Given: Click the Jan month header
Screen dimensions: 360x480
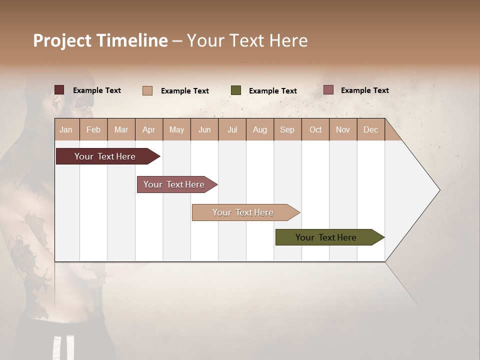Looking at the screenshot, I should click(x=66, y=130).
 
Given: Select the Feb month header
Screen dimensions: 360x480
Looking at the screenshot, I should click(x=93, y=130).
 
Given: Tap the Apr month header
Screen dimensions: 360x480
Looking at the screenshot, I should click(x=149, y=130).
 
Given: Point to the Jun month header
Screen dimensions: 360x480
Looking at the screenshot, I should click(x=204, y=130).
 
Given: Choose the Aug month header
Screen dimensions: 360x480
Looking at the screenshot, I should click(x=260, y=130).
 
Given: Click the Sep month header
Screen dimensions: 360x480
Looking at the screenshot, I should click(x=287, y=130).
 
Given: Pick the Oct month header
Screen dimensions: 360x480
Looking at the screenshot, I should click(x=315, y=130).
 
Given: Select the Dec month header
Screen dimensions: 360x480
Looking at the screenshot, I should click(x=371, y=130).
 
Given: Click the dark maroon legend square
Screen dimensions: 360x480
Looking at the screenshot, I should click(x=59, y=90).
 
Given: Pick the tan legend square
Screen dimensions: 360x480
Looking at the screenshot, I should click(x=147, y=90).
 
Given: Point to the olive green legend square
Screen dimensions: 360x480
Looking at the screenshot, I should click(x=236, y=90).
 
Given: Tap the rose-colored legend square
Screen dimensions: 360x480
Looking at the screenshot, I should click(x=328, y=90).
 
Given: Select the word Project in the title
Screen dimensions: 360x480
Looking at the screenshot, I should click(x=62, y=41).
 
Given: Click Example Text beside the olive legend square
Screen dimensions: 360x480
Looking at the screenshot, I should click(x=273, y=91).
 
